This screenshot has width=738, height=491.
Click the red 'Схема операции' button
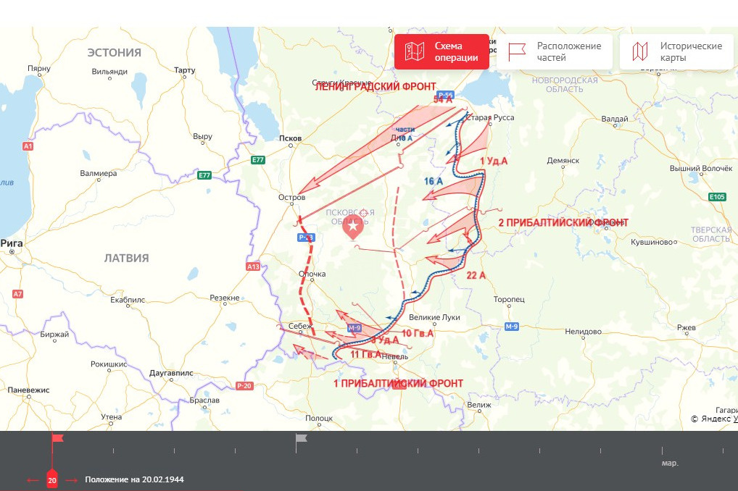tap(441, 51)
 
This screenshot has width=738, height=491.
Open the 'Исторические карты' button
tap(678, 51)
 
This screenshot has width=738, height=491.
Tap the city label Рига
tap(12, 243)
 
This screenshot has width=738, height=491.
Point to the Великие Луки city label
tap(435, 317)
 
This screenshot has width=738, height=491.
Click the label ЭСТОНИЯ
tap(114, 52)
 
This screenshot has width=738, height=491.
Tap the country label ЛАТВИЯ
tap(126, 258)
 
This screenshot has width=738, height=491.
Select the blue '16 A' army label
tap(434, 181)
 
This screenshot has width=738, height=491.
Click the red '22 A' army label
tap(476, 274)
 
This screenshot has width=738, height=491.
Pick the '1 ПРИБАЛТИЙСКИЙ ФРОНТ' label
tap(398, 383)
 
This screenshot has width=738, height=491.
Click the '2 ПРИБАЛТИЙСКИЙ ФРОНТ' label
tap(563, 222)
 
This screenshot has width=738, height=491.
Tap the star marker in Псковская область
tap(353, 227)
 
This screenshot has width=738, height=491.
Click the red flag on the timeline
tap(57, 438)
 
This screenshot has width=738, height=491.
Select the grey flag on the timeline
tap(301, 438)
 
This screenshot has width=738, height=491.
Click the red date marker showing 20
tap(52, 479)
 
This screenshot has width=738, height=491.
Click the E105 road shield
tap(718, 196)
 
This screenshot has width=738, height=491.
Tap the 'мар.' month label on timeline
tap(670, 463)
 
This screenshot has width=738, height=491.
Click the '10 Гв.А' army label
tap(417, 333)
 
